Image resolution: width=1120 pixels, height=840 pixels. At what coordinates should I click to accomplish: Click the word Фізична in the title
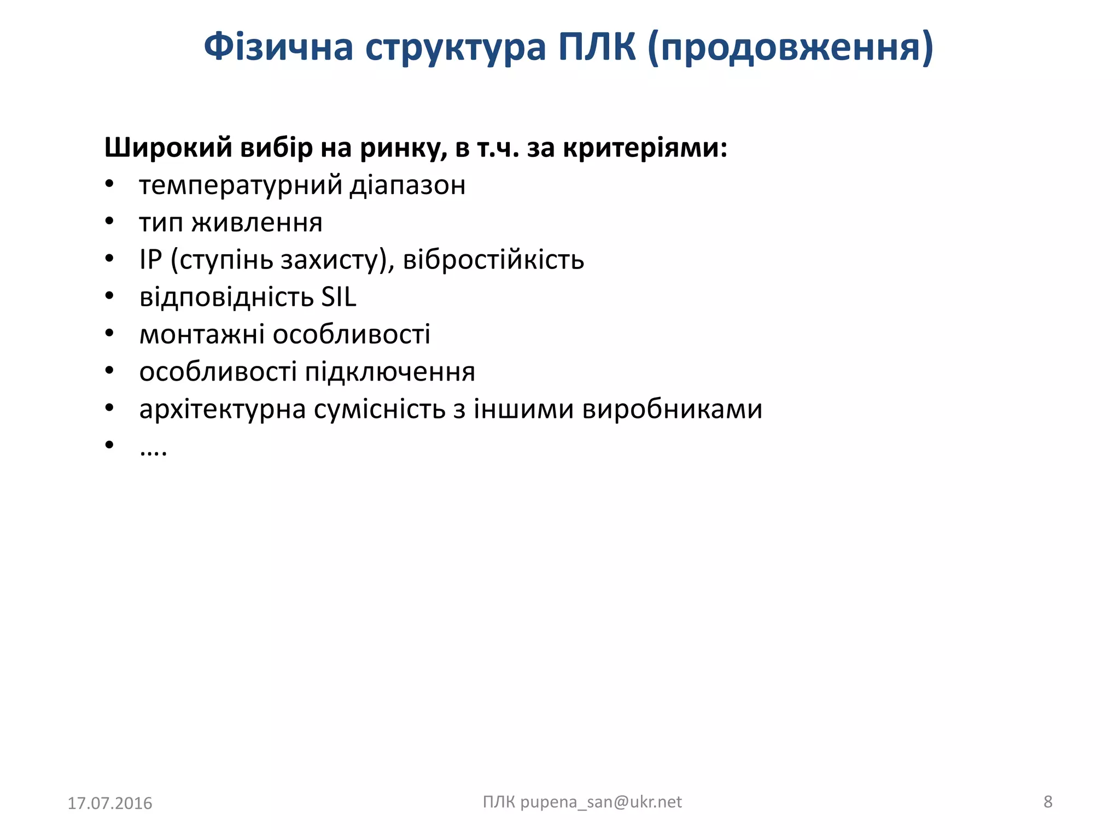pos(278,47)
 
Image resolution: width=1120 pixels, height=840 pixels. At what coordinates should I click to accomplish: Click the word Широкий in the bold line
pos(168,148)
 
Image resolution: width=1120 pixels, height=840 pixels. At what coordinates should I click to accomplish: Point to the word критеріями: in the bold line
pos(645,148)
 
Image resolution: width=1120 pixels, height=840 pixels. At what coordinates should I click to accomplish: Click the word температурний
pos(241,185)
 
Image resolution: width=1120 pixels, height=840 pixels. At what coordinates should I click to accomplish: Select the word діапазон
pos(407,185)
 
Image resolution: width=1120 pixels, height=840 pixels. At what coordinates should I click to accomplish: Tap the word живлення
pos(257,223)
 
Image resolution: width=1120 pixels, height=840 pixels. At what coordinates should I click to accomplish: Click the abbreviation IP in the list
pos(151,259)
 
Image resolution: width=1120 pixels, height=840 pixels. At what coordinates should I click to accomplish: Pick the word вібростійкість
pos(493,259)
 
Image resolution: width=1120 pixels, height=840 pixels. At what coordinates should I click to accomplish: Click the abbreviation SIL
pos(339,297)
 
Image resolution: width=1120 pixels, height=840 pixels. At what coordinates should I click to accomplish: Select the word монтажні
pos(202,334)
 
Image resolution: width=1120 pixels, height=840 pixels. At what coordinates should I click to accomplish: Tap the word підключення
pos(389,372)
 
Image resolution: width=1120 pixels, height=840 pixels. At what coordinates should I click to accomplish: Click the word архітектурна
pos(222,409)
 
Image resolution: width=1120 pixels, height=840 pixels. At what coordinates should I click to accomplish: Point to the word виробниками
pos(672,409)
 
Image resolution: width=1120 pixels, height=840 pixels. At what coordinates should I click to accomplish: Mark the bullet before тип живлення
pos(109,221)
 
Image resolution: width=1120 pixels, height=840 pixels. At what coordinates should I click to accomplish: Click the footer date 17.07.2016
pos(109,803)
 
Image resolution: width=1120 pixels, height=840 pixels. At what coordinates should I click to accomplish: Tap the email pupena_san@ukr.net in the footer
pos(600,802)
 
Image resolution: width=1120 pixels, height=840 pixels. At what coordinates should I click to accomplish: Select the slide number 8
pos(1047,802)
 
